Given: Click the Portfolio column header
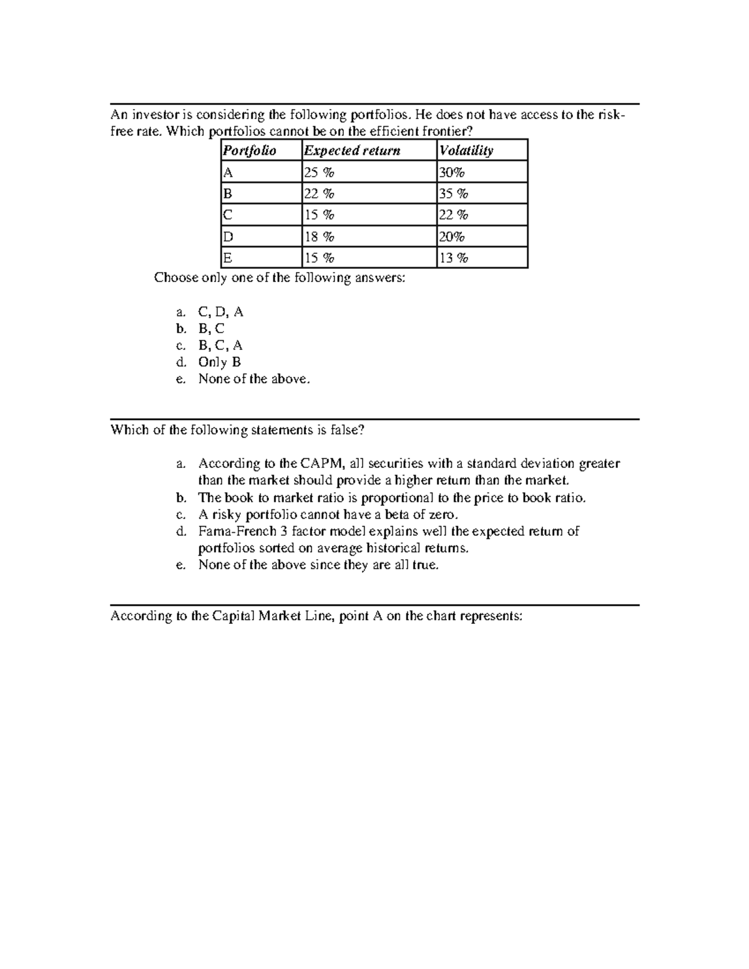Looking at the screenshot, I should tap(250, 151).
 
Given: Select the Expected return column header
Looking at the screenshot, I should tap(352, 151).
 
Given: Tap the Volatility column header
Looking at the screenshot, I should tap(466, 151).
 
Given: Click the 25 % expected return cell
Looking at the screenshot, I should tap(319, 173).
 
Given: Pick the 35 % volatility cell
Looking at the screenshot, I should tap(454, 194).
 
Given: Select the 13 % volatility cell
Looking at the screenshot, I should tap(454, 258).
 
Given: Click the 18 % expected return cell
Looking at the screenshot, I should tap(319, 237).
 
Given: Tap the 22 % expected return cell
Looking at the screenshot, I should tap(319, 194).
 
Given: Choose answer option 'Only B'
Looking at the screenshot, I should tap(219, 363).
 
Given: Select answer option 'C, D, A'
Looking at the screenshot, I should tap(220, 312).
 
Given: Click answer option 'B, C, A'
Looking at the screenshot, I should tap(220, 346).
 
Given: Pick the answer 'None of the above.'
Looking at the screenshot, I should tap(253, 379).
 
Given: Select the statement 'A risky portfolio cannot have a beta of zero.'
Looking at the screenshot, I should tap(328, 515).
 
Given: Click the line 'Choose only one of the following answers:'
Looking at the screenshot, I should tap(280, 278).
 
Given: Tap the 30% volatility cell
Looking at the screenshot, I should tap(452, 173).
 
